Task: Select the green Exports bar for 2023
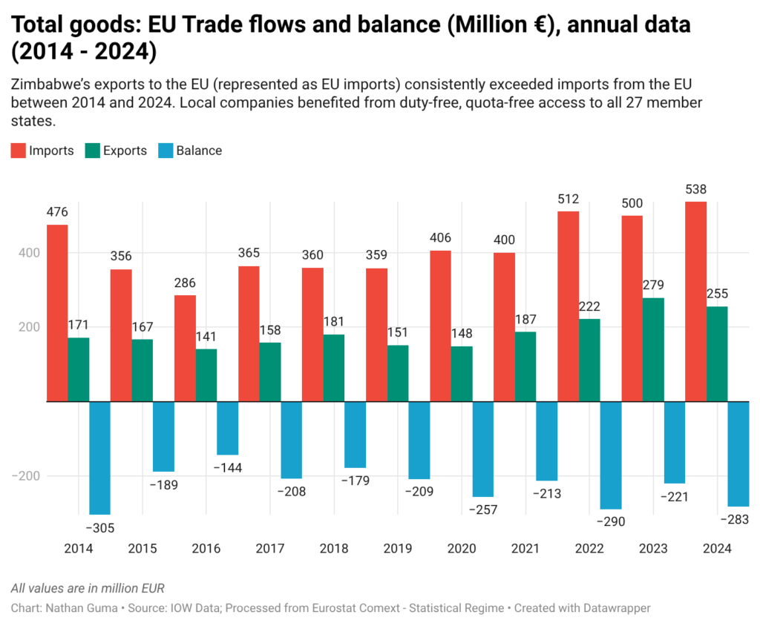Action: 653,349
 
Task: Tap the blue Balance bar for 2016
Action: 228,428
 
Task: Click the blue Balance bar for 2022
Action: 611,455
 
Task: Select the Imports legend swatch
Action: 18,151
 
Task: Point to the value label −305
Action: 100,528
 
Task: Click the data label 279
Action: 653,286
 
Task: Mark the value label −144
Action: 228,468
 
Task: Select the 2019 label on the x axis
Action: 398,549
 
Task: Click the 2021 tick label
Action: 525,549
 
